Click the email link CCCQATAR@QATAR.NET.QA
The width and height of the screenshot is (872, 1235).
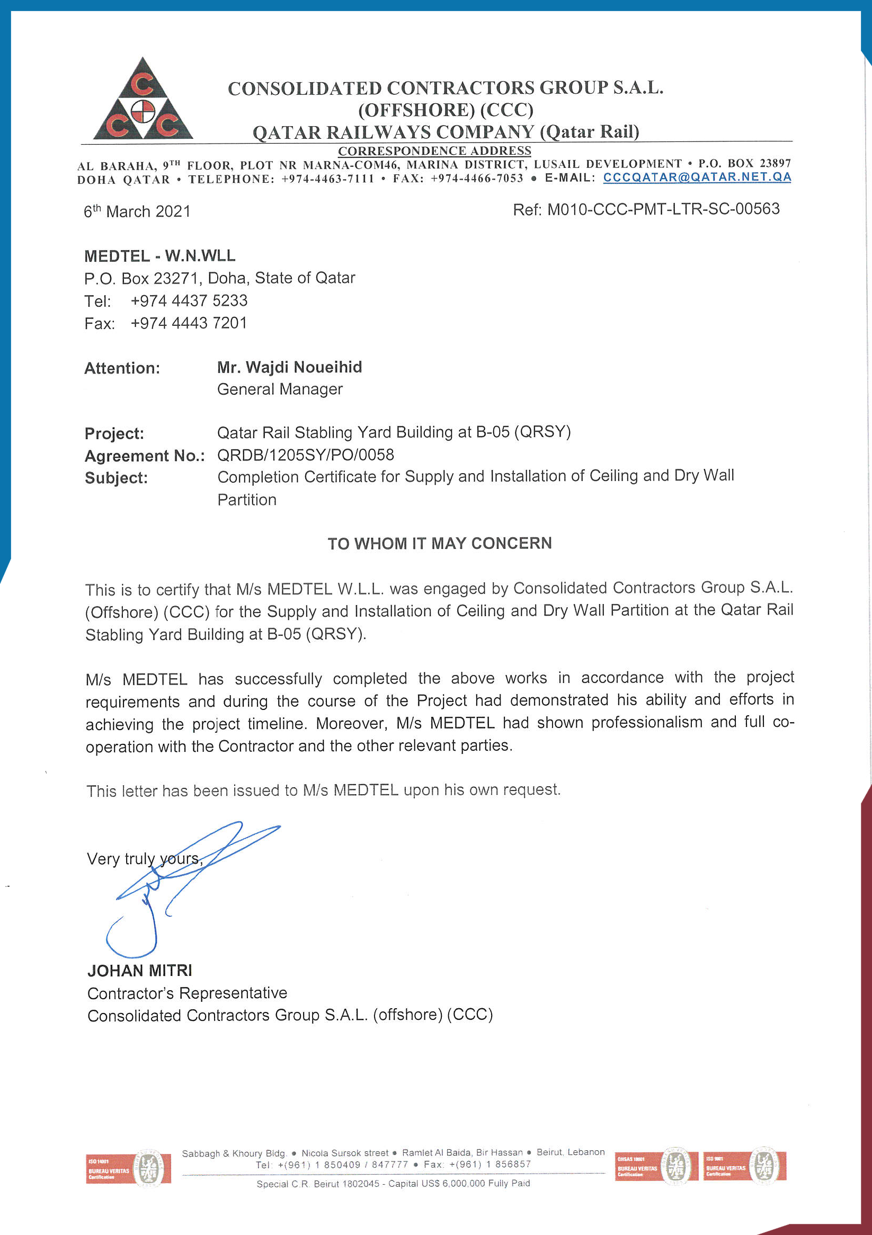click(x=697, y=177)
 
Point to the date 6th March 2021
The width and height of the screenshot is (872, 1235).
click(x=137, y=211)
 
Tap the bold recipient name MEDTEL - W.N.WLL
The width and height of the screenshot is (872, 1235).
click(x=160, y=255)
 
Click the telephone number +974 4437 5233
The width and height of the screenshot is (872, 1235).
click(x=189, y=300)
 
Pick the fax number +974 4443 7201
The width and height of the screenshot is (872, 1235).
click(x=189, y=323)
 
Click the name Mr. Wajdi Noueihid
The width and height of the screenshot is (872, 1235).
click(x=289, y=367)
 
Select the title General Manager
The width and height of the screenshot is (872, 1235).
click(x=280, y=389)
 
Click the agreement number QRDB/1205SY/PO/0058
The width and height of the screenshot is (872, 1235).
click(x=306, y=455)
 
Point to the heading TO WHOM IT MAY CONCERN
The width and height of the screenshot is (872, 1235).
click(x=440, y=543)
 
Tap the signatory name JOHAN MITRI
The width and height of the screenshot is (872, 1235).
click(x=140, y=971)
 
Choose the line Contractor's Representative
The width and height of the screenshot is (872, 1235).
click(x=187, y=993)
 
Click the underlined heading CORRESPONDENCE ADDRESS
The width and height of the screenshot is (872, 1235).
click(x=434, y=150)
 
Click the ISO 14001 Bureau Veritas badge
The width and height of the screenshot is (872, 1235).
click(x=128, y=1168)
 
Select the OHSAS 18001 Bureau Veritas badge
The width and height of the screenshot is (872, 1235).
click(x=656, y=1166)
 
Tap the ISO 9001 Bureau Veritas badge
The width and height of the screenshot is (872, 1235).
click(x=744, y=1166)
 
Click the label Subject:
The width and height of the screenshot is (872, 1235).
click(x=116, y=478)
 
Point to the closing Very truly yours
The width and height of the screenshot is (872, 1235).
click(x=144, y=858)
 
